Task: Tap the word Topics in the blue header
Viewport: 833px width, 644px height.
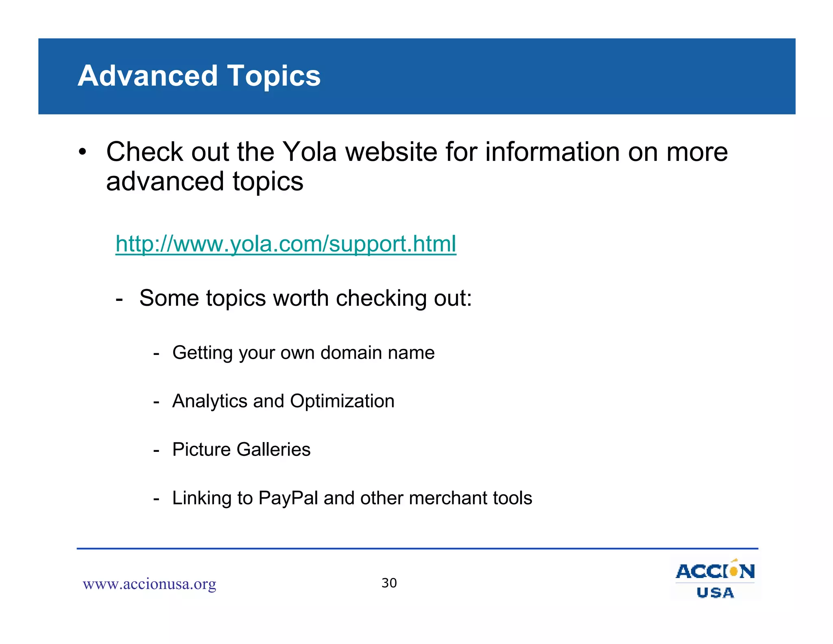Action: tap(274, 77)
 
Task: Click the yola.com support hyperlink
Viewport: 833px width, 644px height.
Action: tap(286, 244)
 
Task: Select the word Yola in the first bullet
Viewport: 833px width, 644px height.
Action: tap(309, 152)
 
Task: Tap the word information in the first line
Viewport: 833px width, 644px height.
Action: tap(552, 152)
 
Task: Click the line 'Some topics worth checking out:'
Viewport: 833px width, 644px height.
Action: tap(305, 298)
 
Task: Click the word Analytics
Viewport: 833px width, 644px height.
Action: tap(209, 401)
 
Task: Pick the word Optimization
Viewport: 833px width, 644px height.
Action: tap(342, 401)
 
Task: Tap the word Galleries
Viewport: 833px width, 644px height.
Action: tap(273, 449)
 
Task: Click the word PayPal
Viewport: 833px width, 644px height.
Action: tap(288, 498)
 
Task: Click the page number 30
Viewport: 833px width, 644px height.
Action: tap(389, 583)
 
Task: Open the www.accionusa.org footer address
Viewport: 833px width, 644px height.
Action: tap(149, 584)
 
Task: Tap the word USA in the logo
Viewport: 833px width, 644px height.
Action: tap(715, 593)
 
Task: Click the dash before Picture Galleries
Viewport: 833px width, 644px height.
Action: tap(156, 450)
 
